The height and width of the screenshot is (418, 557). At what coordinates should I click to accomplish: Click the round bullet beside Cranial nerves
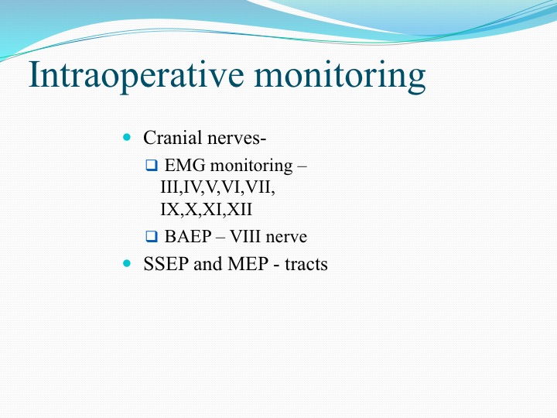click(127, 137)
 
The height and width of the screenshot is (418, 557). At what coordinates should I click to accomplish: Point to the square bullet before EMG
click(152, 166)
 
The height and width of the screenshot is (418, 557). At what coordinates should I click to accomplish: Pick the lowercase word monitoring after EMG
click(251, 166)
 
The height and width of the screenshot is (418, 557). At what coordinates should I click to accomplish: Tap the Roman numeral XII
click(239, 209)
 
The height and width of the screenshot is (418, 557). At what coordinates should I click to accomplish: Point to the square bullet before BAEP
click(152, 236)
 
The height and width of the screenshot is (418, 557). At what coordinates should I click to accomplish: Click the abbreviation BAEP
click(188, 236)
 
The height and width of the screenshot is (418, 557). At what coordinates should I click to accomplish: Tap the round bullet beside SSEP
click(127, 263)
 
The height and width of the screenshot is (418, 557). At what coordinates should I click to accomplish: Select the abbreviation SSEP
click(166, 264)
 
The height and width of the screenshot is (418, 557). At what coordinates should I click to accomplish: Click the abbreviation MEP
click(248, 264)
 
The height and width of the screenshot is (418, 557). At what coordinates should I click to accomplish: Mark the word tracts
click(306, 265)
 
